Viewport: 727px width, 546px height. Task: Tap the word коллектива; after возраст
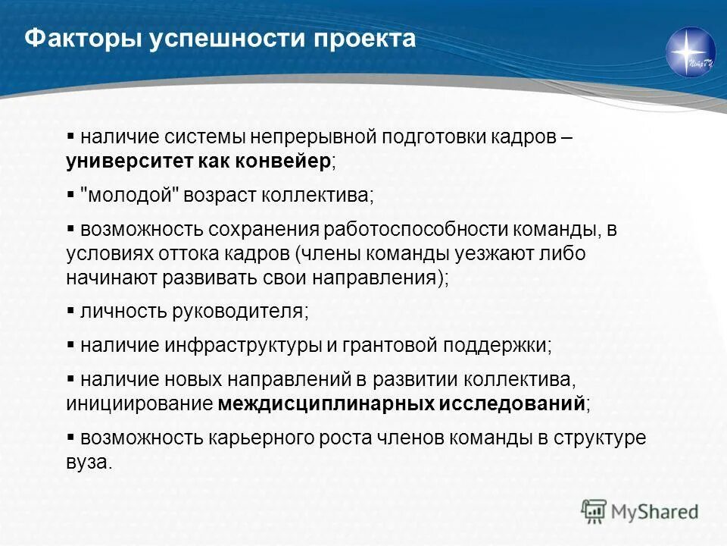coord(318,195)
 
